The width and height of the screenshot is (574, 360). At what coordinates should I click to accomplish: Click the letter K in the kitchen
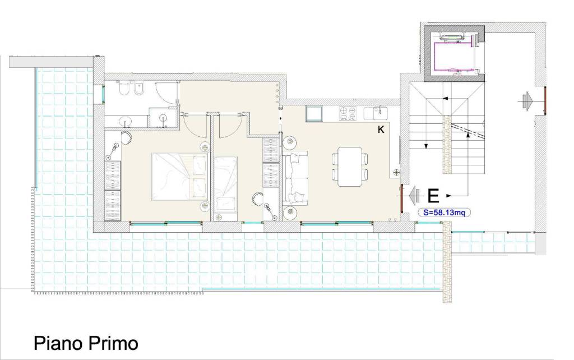click(x=381, y=130)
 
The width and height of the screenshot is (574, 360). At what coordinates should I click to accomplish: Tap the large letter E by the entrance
click(x=433, y=196)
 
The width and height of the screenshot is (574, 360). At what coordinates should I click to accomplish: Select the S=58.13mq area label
click(x=445, y=213)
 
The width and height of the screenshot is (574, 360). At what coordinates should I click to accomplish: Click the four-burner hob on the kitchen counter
click(x=348, y=113)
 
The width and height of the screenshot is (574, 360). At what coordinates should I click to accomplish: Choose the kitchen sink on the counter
click(x=377, y=113)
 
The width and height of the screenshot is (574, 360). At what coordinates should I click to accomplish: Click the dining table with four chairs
click(x=350, y=166)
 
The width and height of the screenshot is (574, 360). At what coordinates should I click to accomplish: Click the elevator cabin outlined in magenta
click(x=456, y=56)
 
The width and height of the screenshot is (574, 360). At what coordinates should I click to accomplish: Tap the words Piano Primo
click(x=86, y=343)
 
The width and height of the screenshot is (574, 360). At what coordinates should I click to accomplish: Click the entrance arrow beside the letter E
click(x=415, y=196)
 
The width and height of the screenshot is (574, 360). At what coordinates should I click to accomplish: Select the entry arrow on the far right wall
click(x=527, y=100)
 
